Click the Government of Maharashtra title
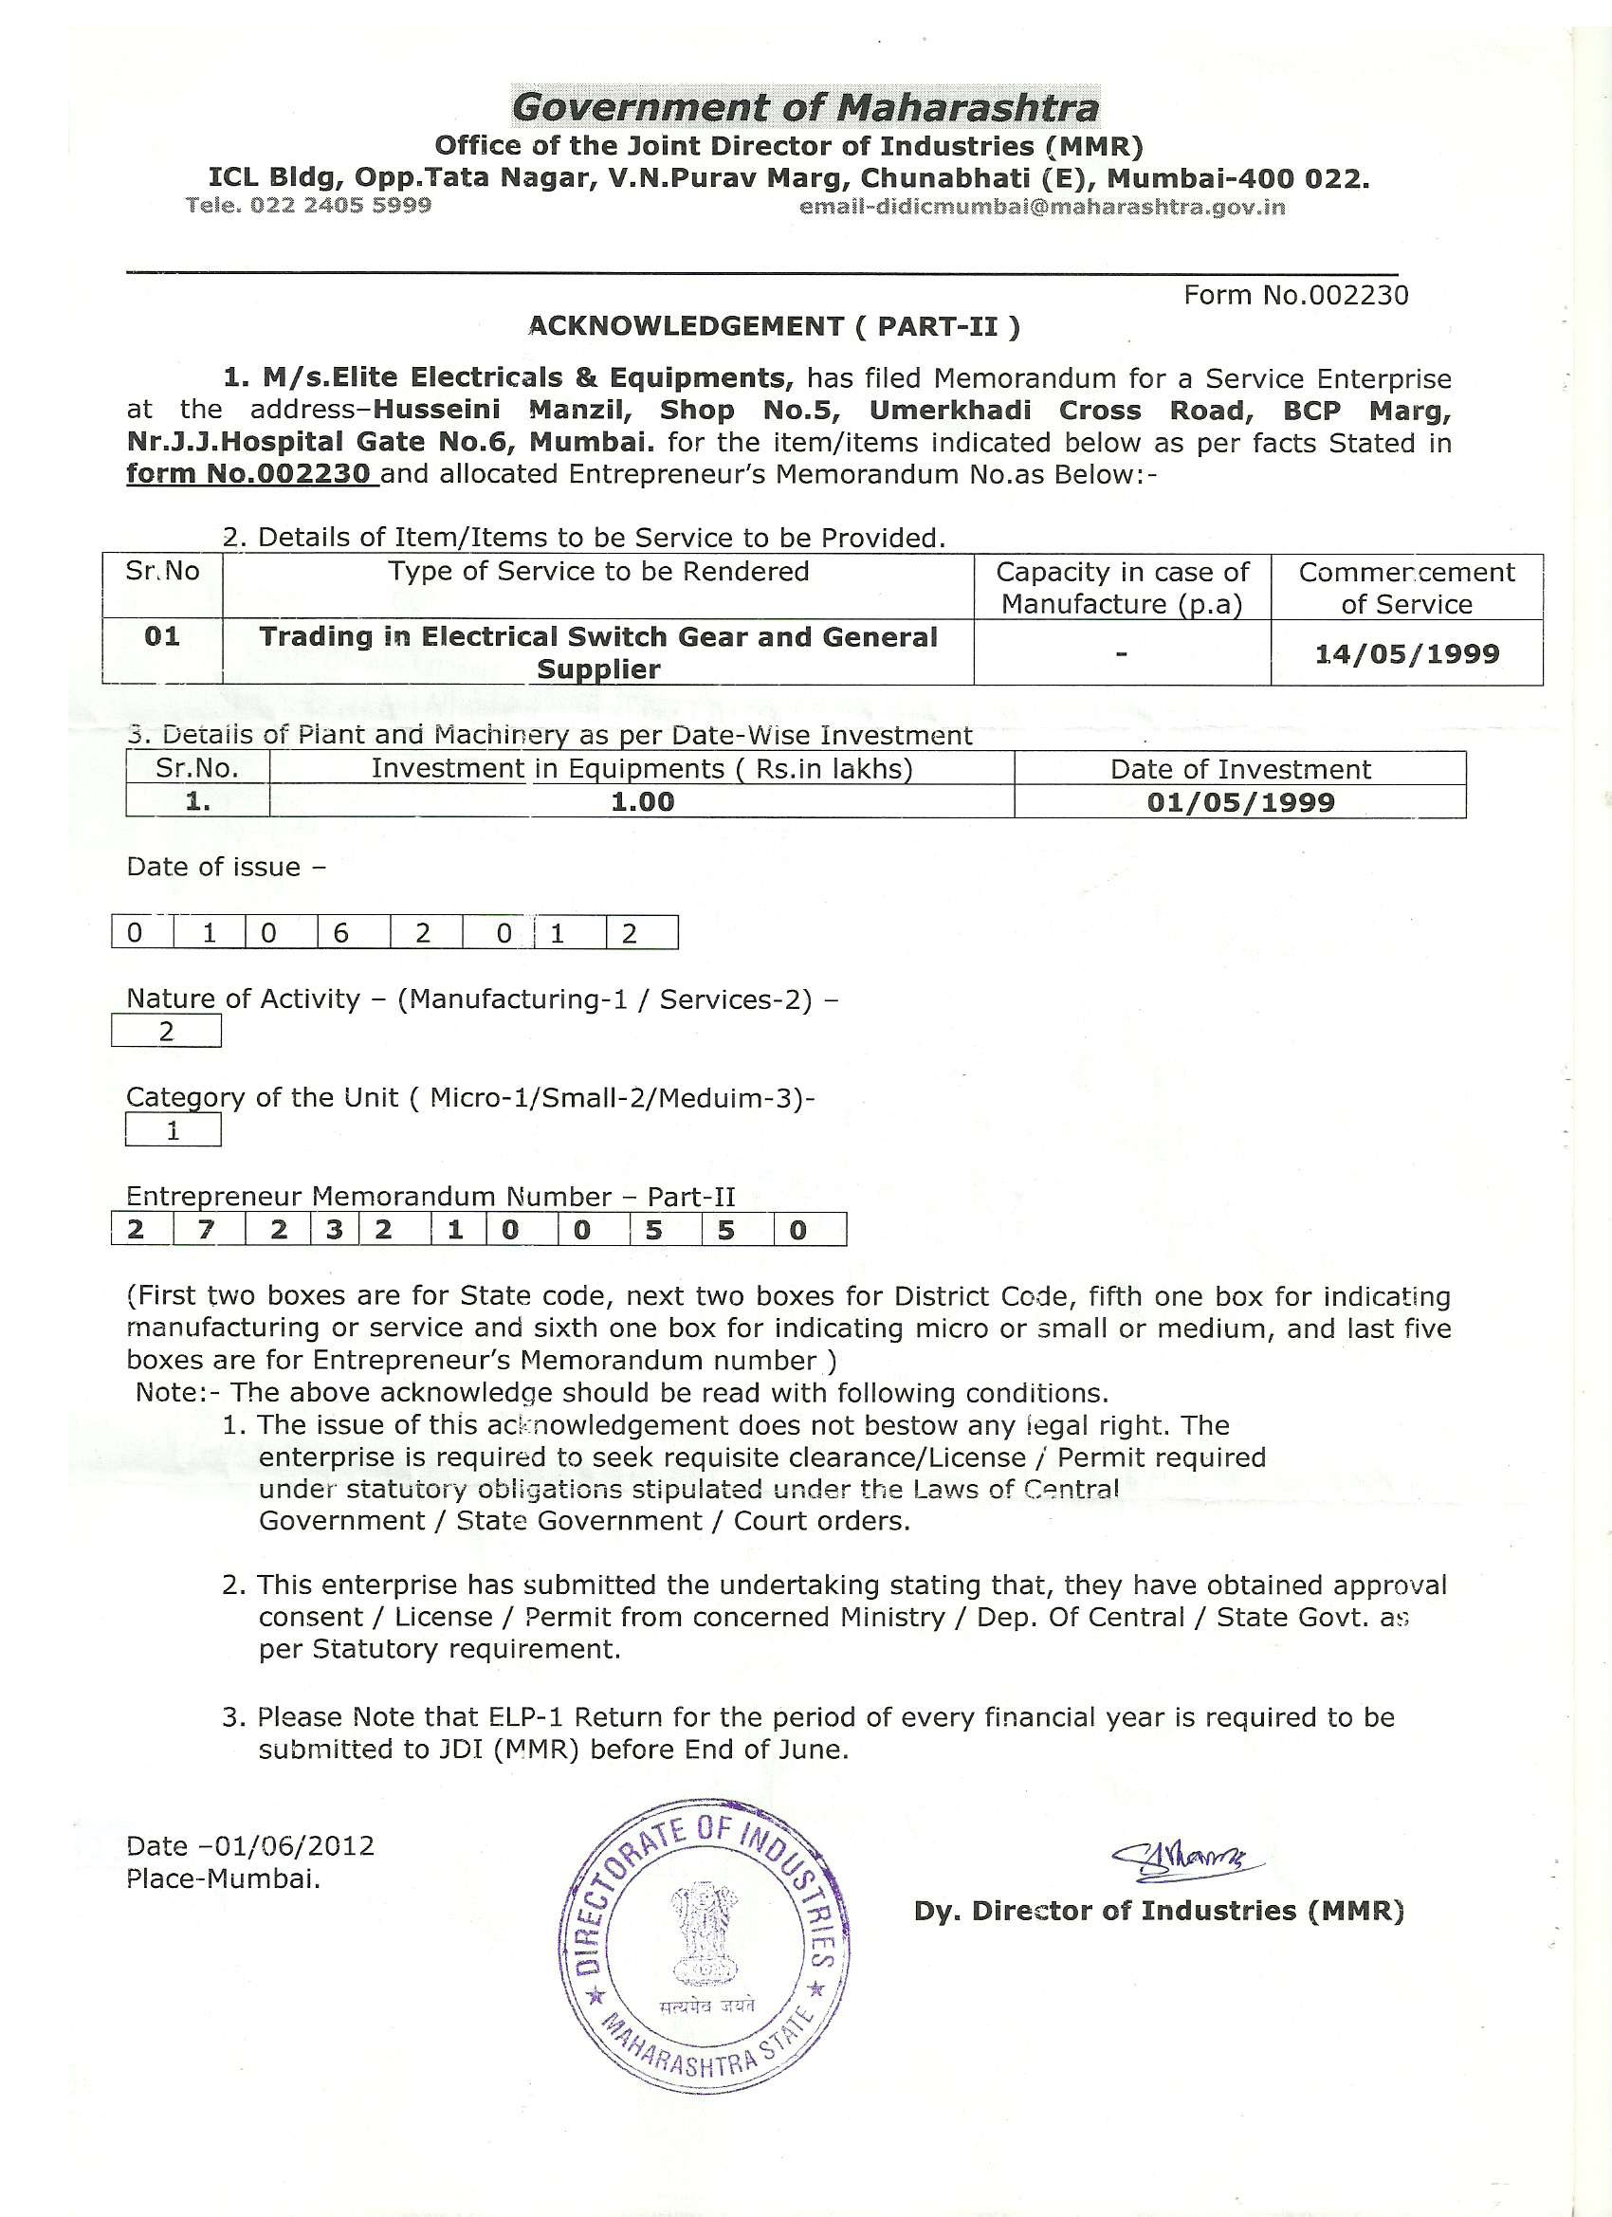point(805,106)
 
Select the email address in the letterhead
point(1042,208)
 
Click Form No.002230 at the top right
point(1295,295)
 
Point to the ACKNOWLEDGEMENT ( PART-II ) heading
point(774,326)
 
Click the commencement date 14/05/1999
point(1407,654)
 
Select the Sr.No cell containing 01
point(162,637)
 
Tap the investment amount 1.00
point(642,802)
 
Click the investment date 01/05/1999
point(1240,802)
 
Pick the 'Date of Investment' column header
point(1240,769)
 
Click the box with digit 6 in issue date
point(341,933)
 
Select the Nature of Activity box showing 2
point(166,1033)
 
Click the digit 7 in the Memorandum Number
point(205,1230)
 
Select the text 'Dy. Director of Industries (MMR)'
point(1159,1911)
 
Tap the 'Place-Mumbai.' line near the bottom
point(223,1878)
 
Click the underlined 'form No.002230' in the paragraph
point(249,475)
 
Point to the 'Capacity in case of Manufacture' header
point(1123,588)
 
